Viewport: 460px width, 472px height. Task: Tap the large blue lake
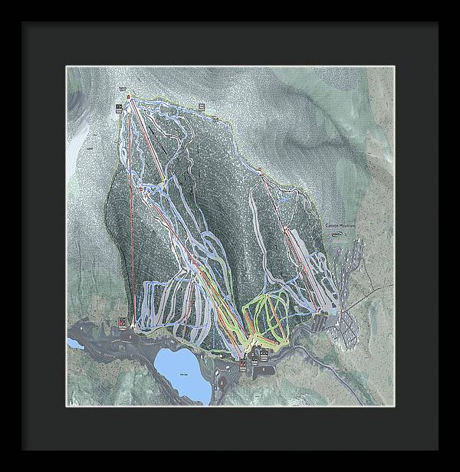pyautogui.click(x=182, y=373)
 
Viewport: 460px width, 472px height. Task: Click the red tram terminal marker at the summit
pyautogui.click(x=129, y=97)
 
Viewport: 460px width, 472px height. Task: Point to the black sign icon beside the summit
pyautogui.click(x=119, y=107)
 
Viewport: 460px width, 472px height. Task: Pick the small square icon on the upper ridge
pyautogui.click(x=202, y=107)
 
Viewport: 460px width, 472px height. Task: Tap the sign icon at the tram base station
pyautogui.click(x=124, y=323)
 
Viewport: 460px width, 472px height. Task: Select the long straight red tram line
pyautogui.click(x=132, y=215)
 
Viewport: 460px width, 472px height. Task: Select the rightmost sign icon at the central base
pyautogui.click(x=264, y=354)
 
